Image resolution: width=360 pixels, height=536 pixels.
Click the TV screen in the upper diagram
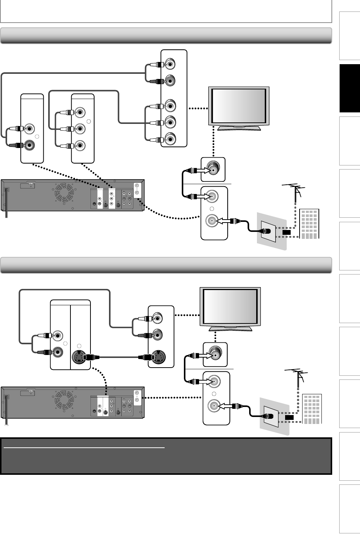239,107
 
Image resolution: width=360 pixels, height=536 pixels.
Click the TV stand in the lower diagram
231,328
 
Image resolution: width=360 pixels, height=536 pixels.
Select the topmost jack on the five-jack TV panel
170,64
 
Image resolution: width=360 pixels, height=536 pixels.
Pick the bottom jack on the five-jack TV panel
170,139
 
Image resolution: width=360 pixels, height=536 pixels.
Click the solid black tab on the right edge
349,88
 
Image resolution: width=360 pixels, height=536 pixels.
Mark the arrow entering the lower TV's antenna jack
205,356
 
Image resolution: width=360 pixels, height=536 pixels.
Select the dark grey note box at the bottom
166,456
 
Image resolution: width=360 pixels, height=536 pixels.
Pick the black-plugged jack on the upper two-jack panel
30,145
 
